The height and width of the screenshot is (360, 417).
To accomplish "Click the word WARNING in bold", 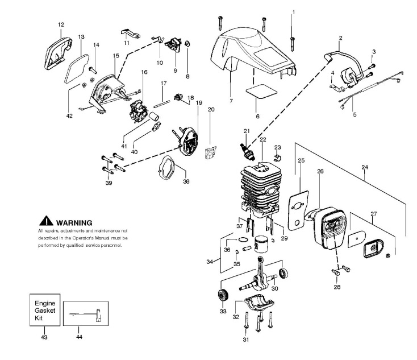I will click(x=74, y=222).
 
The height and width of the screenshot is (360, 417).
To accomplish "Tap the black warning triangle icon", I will click(x=46, y=221).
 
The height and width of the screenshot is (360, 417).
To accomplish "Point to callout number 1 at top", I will click(x=294, y=12).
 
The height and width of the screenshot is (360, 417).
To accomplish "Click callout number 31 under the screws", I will click(x=245, y=341).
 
